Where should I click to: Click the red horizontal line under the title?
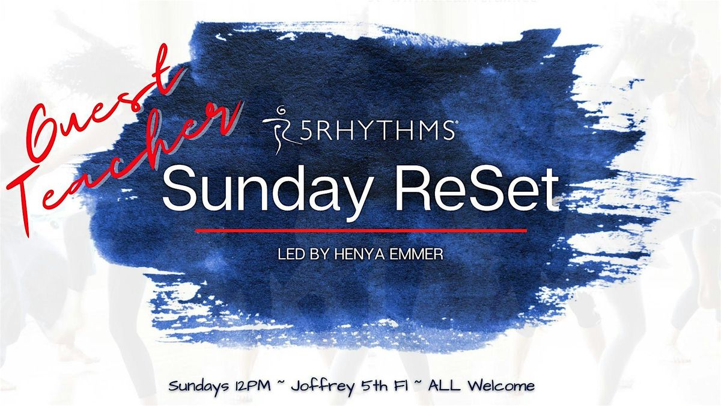[x=361, y=231]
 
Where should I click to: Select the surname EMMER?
[x=416, y=254]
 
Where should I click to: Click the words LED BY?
[x=303, y=254]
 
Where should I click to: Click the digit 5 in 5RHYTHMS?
[x=305, y=131]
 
